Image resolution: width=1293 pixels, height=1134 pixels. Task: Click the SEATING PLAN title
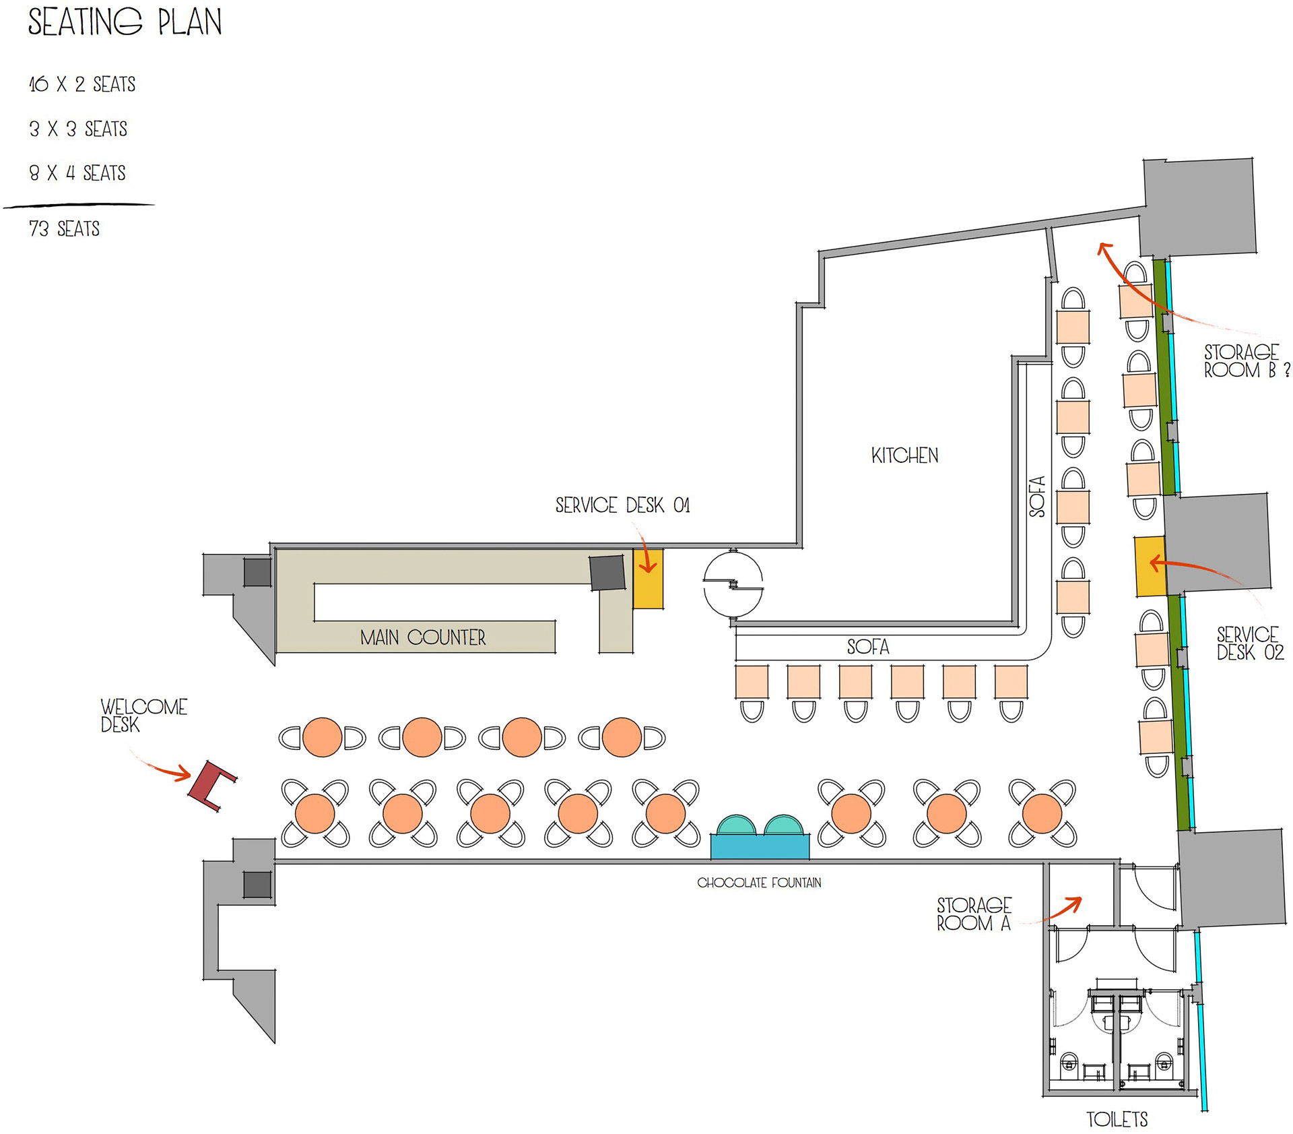pos(125,22)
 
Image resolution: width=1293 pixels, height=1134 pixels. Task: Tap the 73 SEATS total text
pos(65,229)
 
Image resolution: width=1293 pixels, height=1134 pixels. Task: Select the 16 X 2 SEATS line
pos(82,84)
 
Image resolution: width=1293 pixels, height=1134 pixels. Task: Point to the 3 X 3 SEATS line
pos(78,129)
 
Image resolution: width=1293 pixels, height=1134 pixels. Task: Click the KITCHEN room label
pos(904,456)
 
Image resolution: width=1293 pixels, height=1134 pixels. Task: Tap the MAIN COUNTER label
pos(423,637)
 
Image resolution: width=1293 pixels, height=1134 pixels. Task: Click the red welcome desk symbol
pos(211,785)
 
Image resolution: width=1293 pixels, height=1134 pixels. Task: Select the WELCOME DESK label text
pos(143,716)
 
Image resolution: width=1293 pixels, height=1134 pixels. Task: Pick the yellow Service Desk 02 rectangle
pos(1150,566)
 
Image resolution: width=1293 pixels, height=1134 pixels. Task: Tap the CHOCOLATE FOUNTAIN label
pos(759,883)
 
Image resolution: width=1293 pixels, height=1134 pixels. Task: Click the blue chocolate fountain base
pos(760,846)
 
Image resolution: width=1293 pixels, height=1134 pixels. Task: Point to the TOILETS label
pos(1117,1119)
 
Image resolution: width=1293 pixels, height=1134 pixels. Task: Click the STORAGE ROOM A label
pos(974,914)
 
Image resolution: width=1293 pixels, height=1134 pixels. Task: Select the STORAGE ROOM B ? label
pos(1246,361)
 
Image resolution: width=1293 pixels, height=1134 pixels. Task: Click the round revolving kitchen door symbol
pos(733,584)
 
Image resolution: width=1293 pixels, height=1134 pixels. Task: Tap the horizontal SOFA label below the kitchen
pos(868,648)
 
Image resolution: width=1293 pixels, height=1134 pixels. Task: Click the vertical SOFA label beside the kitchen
pos(1038,497)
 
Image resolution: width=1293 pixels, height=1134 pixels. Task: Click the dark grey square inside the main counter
pos(607,573)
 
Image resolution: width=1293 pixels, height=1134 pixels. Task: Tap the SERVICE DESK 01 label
pos(622,505)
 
